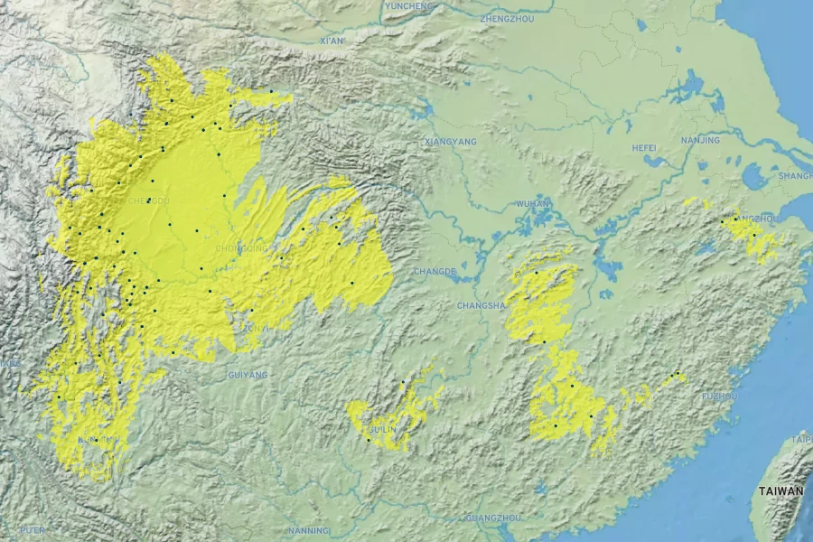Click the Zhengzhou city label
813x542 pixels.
coord(509,18)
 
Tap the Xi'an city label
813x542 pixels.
coord(332,41)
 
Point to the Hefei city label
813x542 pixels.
coord(644,147)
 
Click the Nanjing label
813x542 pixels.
coord(701,140)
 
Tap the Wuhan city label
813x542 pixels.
coord(532,203)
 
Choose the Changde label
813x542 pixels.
coord(435,271)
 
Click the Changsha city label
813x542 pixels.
coord(481,306)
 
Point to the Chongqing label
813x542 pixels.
coord(242,248)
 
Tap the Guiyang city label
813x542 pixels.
coord(249,374)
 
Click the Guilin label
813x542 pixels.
coord(382,429)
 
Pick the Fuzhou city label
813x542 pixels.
coord(720,397)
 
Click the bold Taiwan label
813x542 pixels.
coord(780,491)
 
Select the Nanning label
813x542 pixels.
coord(309,530)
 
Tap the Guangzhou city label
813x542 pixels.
coord(494,518)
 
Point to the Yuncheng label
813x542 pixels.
coord(408,6)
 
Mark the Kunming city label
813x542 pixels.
coord(98,440)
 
